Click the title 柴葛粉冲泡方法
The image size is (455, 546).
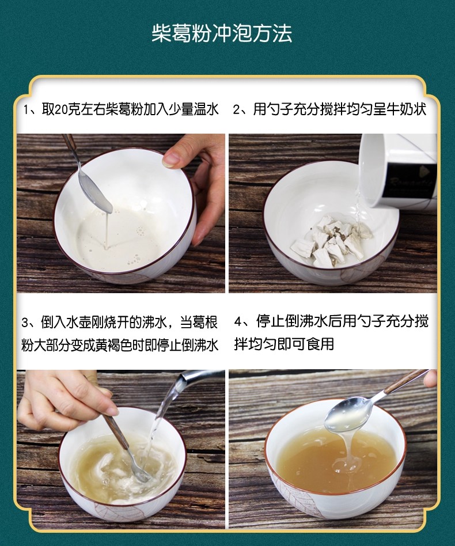coord(222,34)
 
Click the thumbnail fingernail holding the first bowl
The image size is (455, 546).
coord(171,160)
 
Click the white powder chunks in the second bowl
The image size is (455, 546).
coord(329,240)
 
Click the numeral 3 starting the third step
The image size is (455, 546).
coord(24,323)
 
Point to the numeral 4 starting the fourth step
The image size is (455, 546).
coord(238,322)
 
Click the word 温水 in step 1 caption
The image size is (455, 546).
coord(206,109)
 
